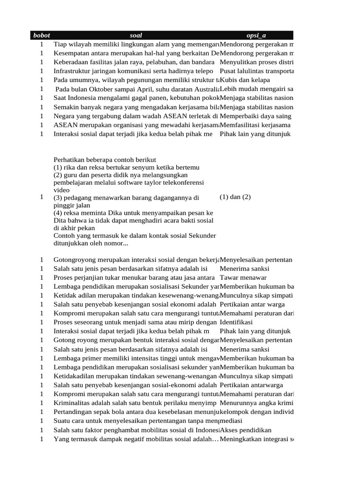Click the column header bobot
(41, 36)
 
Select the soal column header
(135, 36)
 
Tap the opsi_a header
(256, 36)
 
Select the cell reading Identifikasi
(236, 322)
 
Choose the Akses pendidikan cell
(245, 430)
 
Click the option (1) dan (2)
(235, 197)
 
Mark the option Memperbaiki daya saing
(255, 116)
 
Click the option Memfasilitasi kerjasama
(255, 125)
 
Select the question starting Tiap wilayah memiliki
(136, 45)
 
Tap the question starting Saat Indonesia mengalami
(136, 98)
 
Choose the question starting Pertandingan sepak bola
(136, 412)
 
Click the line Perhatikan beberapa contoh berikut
(105, 160)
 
